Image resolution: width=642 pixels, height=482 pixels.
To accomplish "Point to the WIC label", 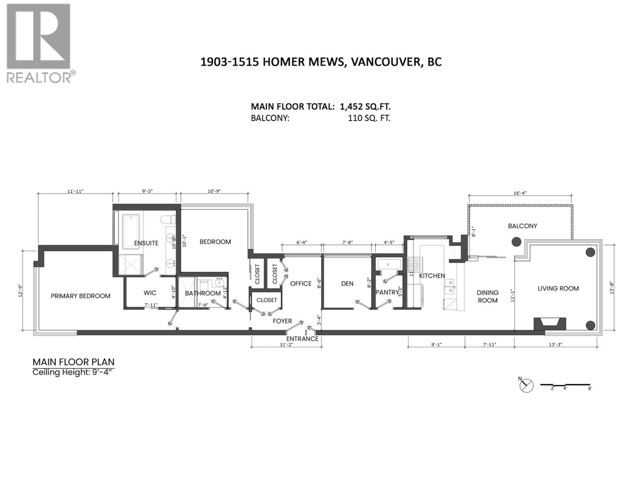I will (150, 293).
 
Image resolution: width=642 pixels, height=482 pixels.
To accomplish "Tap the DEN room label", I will (347, 284).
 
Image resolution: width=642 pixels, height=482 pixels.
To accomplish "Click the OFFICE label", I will (301, 284).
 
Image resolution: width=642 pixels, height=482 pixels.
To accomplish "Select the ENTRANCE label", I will (302, 339).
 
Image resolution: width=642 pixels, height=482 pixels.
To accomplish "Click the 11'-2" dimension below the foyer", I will (286, 345).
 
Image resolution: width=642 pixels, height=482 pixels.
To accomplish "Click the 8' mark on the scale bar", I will (590, 388).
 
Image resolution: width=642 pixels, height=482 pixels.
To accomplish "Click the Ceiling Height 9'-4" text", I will (72, 373).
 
